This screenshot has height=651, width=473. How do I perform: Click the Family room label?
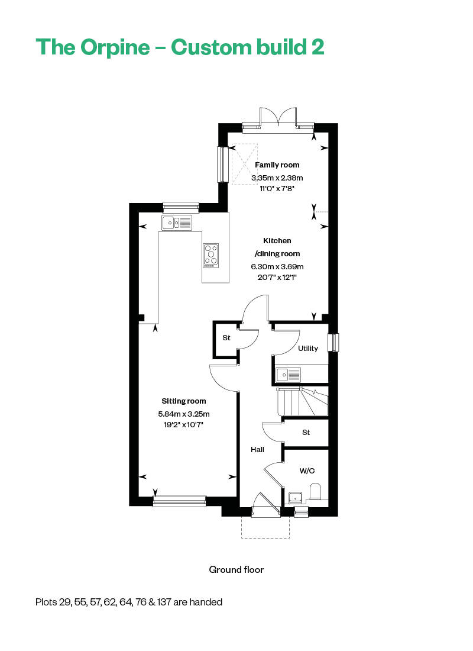click(x=277, y=165)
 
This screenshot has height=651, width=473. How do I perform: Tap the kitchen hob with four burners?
click(x=210, y=254)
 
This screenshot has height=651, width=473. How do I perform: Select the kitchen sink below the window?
click(x=176, y=223)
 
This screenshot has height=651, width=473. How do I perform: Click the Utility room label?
click(x=308, y=349)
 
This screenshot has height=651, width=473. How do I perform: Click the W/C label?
click(x=306, y=471)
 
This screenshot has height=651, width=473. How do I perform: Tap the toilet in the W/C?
click(x=315, y=492)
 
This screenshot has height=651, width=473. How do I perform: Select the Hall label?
click(x=257, y=450)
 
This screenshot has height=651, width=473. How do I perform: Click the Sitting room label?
click(x=184, y=401)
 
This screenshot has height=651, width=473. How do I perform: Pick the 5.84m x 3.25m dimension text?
click(x=184, y=414)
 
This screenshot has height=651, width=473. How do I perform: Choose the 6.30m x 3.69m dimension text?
click(x=277, y=266)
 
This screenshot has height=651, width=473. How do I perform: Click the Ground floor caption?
click(x=236, y=569)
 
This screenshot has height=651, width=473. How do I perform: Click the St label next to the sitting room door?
click(x=226, y=338)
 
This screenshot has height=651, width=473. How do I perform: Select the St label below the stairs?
click(x=306, y=433)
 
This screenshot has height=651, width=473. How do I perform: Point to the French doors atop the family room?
click(x=278, y=117)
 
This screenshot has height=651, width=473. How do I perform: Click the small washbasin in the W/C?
click(x=294, y=497)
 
